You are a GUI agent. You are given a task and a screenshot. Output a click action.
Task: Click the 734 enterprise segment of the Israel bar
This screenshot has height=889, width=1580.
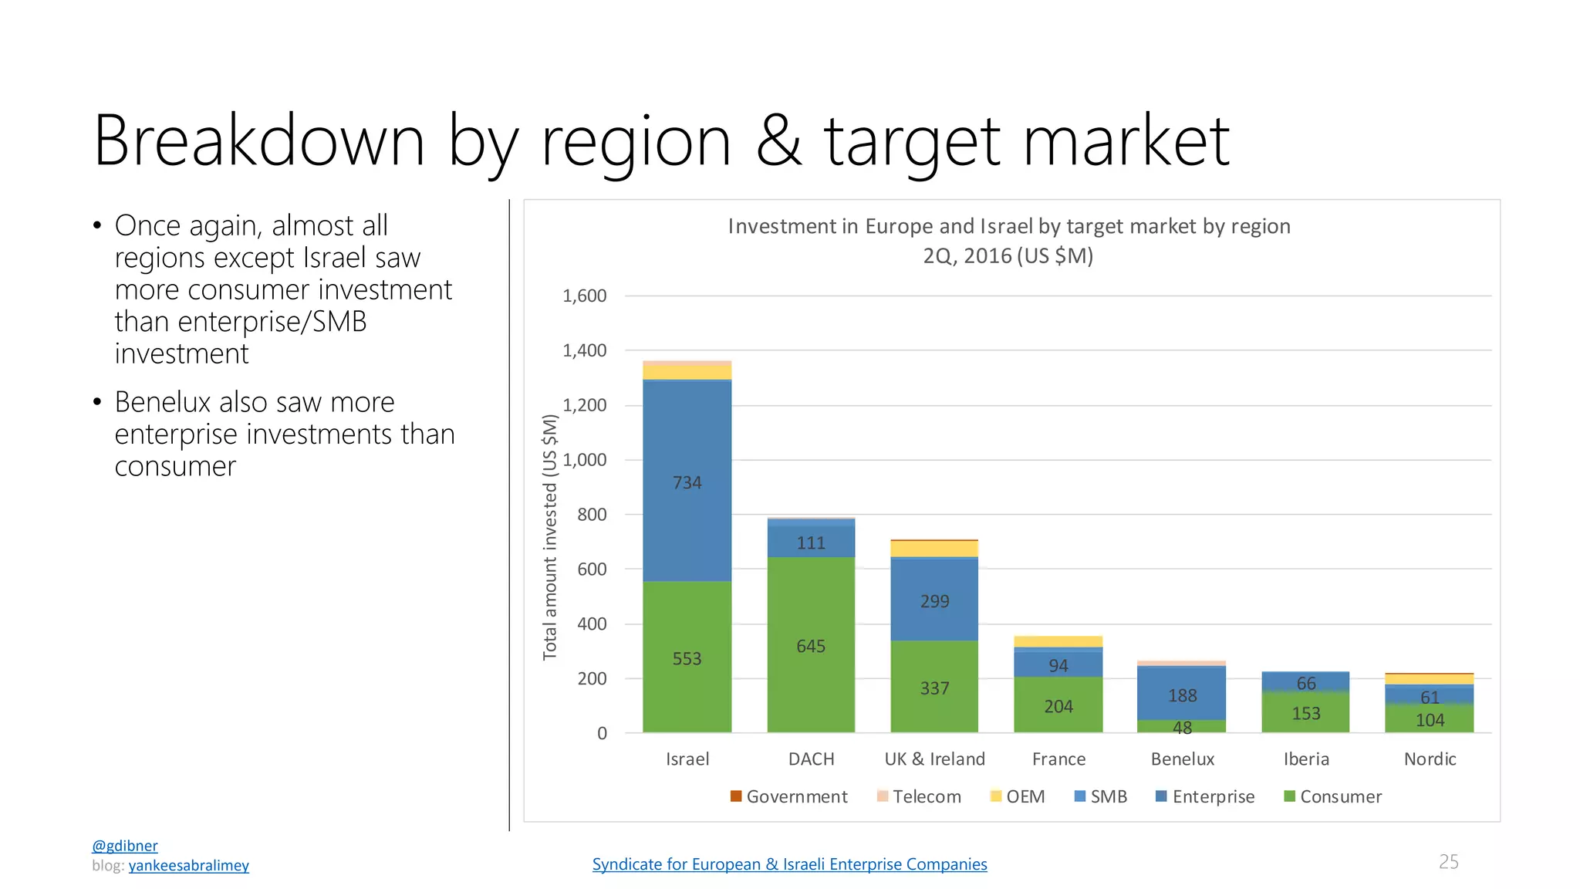687,481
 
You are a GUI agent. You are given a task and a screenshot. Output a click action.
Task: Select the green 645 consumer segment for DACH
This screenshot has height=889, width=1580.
811,644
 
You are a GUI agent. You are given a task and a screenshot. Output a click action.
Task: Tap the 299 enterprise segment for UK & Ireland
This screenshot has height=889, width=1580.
934,600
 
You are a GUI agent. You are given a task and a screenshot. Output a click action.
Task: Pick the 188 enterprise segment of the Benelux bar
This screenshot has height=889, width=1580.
1182,694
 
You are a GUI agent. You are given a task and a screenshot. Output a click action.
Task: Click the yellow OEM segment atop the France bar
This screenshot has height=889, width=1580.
1058,641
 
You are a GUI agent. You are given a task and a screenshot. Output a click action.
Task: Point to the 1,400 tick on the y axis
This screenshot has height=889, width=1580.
585,350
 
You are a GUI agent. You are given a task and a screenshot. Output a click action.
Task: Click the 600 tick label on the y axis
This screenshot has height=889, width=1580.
592,570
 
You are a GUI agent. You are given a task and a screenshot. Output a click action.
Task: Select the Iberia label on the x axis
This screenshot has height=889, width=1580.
1306,759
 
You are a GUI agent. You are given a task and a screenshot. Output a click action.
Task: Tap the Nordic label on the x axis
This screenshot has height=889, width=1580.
1430,759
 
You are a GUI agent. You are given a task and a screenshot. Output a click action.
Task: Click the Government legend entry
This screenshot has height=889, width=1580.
788,796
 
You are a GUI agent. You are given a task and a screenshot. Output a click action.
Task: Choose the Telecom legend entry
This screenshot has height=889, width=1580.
919,796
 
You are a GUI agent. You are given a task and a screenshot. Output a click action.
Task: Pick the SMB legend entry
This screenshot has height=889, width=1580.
1101,796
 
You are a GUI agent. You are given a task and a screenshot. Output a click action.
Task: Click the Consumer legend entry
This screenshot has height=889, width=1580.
1332,796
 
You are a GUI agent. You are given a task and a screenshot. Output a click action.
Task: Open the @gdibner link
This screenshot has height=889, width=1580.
125,846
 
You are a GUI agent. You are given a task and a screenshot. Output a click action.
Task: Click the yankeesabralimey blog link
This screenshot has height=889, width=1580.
189,865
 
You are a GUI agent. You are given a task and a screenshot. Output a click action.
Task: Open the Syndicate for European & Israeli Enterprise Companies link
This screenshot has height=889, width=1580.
789,864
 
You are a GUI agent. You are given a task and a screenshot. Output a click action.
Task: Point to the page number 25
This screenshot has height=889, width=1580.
1449,861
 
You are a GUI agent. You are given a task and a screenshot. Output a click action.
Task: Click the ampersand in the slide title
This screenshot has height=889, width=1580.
779,140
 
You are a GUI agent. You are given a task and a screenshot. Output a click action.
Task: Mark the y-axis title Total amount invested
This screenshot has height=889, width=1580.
550,571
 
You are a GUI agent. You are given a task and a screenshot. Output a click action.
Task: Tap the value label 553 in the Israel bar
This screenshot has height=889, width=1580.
687,658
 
